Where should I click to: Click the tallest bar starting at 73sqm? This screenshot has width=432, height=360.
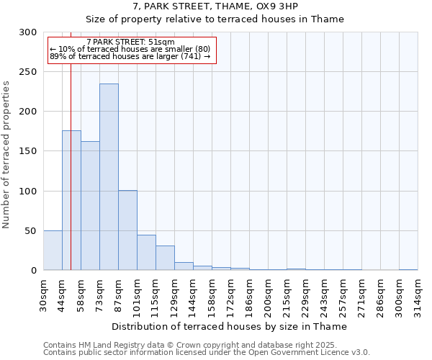pyautogui.click(x=109, y=177)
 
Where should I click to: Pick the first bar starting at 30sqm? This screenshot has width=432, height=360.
pyautogui.click(x=53, y=251)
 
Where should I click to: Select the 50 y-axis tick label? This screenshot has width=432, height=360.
pyautogui.click(x=31, y=230)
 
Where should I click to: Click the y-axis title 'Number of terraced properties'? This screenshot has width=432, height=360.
pyautogui.click(x=7, y=155)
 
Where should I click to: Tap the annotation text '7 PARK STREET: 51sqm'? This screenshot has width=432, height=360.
pyautogui.click(x=130, y=42)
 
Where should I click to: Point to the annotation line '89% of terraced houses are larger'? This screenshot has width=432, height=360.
pyautogui.click(x=130, y=56)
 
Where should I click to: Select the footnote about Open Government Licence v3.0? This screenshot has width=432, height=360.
pyautogui.click(x=207, y=353)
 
